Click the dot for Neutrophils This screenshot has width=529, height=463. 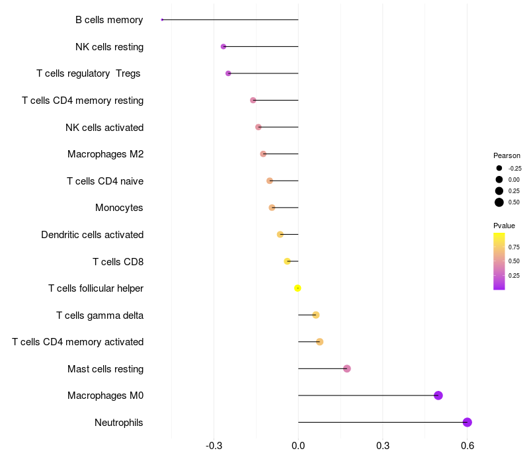(x=467, y=422)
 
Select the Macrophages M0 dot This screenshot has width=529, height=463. (x=438, y=395)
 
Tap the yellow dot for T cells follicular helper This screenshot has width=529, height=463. (x=298, y=288)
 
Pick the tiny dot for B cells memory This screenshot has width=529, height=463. (x=162, y=20)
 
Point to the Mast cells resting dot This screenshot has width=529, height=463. (x=346, y=368)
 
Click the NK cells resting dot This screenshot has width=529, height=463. (x=224, y=46)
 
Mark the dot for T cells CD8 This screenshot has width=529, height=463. (x=287, y=261)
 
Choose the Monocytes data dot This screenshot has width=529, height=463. (x=272, y=208)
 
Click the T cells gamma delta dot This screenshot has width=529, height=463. (x=316, y=315)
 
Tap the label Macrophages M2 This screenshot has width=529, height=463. (x=106, y=154)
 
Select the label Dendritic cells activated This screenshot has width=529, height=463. (x=93, y=235)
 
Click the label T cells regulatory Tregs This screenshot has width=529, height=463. (x=89, y=73)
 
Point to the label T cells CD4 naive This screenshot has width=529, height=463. (x=105, y=181)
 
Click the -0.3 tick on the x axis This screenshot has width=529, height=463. (x=214, y=446)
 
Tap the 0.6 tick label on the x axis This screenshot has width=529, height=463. (x=468, y=446)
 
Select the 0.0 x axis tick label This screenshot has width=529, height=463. (x=298, y=446)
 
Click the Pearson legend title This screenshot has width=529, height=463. (x=507, y=155)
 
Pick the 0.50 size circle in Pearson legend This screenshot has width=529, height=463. (x=499, y=202)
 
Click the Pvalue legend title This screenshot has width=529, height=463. (x=504, y=226)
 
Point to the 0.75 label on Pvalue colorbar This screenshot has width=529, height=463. (x=514, y=247)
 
